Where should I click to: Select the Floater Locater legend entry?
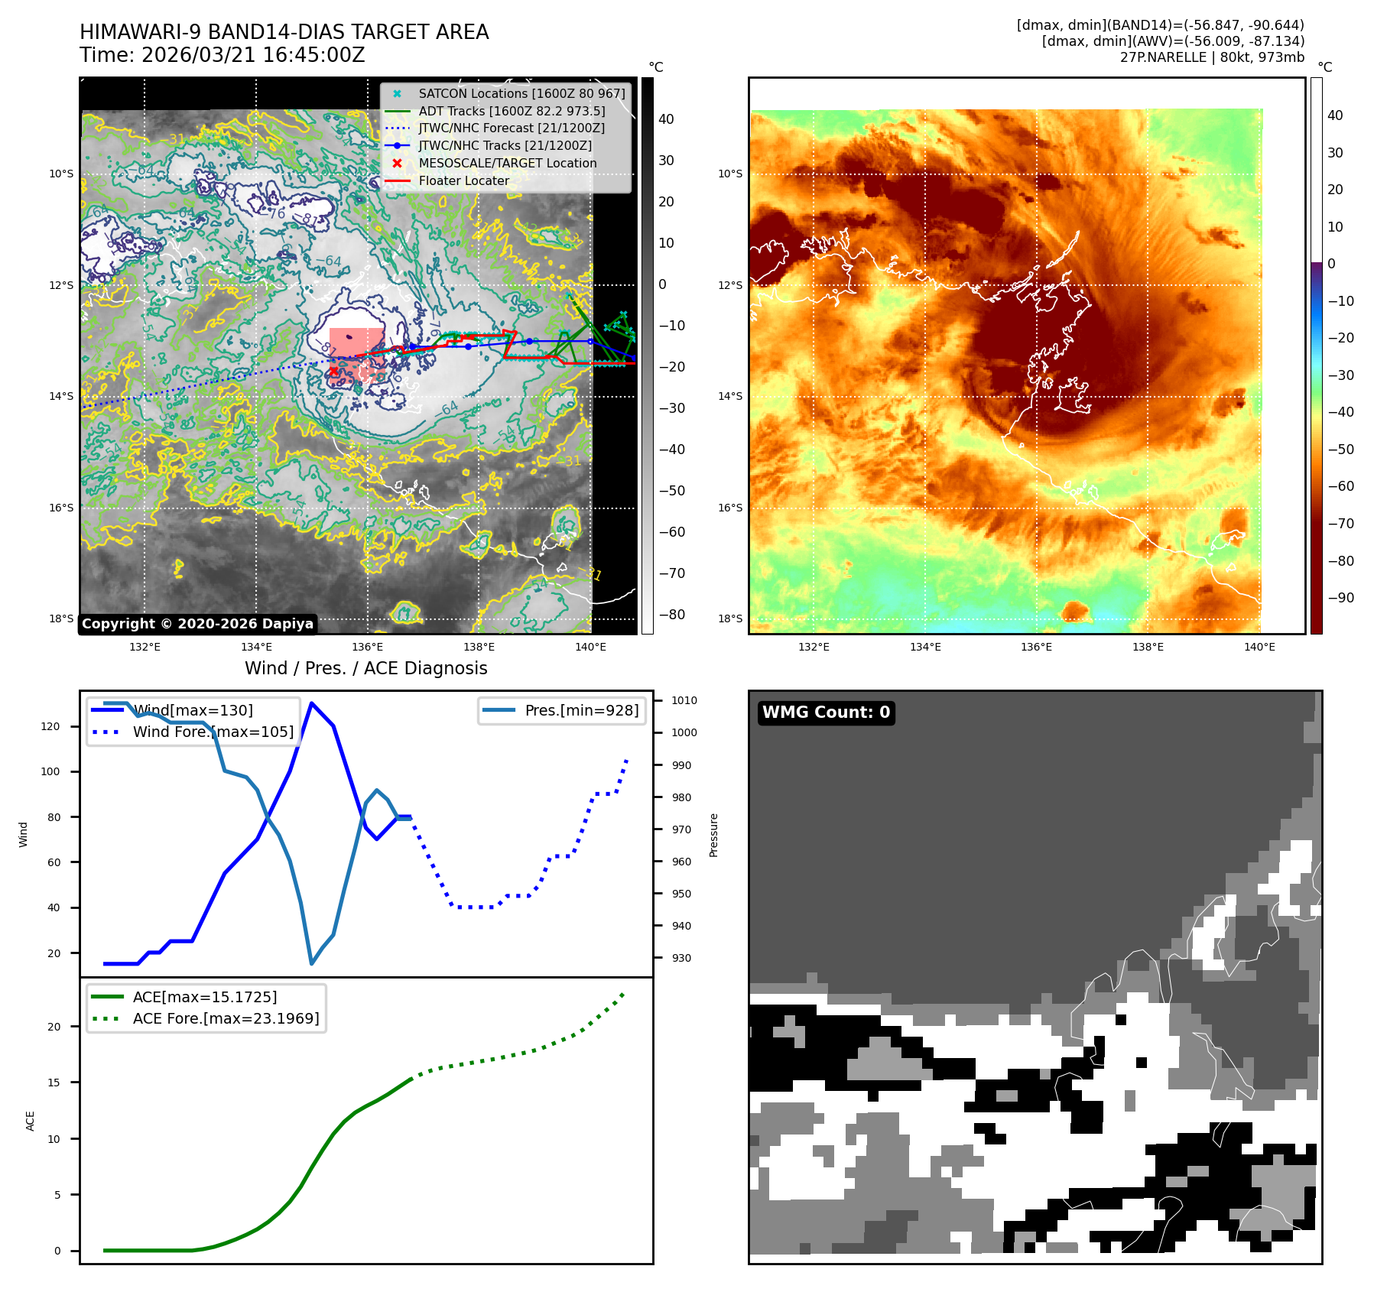pyautogui.click(x=463, y=180)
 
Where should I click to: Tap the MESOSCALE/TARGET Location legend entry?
pyautogui.click(x=507, y=163)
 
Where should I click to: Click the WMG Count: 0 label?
pyautogui.click(x=826, y=713)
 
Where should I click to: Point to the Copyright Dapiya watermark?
pyautogui.click(x=197, y=624)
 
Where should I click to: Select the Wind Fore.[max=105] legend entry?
pyautogui.click(x=213, y=732)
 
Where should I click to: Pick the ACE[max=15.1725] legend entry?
pyautogui.click(x=204, y=997)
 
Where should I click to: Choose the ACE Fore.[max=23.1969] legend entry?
pyautogui.click(x=226, y=1018)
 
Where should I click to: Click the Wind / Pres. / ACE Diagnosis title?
pyautogui.click(x=365, y=668)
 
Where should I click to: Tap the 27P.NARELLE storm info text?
pyautogui.click(x=1212, y=57)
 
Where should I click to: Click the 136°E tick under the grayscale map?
pyautogui.click(x=367, y=647)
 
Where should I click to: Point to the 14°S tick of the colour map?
pyautogui.click(x=729, y=396)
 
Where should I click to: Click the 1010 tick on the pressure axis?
pyautogui.click(x=684, y=700)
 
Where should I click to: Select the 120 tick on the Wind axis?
pyautogui.click(x=50, y=726)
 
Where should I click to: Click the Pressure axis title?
pyautogui.click(x=713, y=835)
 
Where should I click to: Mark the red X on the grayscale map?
pyautogui.click(x=333, y=371)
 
